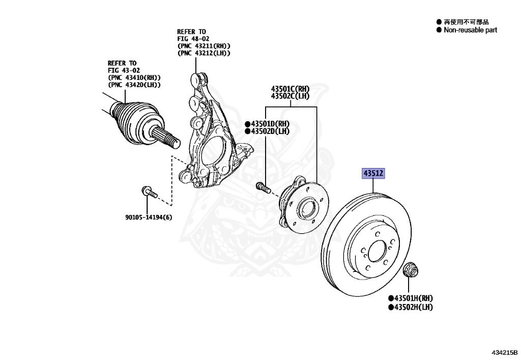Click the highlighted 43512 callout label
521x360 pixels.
(x=373, y=173)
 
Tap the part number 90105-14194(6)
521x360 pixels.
(x=149, y=217)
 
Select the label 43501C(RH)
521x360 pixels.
(x=290, y=89)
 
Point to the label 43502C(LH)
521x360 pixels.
(x=290, y=96)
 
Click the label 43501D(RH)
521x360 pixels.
(x=270, y=124)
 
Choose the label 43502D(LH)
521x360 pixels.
(x=270, y=131)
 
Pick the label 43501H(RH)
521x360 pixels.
(x=414, y=298)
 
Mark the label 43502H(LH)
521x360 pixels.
(x=414, y=307)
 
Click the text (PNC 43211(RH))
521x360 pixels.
(x=204, y=46)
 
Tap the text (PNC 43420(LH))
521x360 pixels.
(x=134, y=85)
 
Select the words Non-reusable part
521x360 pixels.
(x=471, y=30)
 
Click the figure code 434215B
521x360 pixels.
(x=505, y=352)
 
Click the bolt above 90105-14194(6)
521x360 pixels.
(x=149, y=192)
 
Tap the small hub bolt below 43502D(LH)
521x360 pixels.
(x=264, y=187)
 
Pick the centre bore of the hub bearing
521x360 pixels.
(x=307, y=209)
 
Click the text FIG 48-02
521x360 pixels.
(x=193, y=39)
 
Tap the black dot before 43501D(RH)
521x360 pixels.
(x=248, y=124)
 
